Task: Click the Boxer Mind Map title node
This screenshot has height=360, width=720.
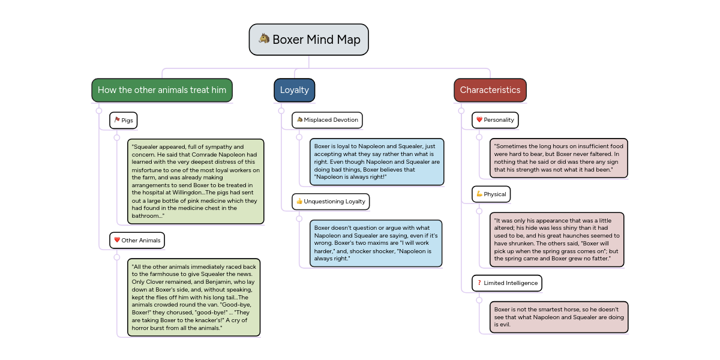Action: [x=309, y=40]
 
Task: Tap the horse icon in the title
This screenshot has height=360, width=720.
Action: [x=264, y=39]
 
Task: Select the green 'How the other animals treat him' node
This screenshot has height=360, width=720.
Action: [x=162, y=90]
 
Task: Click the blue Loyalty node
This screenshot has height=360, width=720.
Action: [x=294, y=90]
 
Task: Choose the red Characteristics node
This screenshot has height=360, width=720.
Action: [x=490, y=90]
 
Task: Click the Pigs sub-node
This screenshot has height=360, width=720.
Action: [x=124, y=120]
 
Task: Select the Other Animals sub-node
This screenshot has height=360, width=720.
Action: [x=137, y=240]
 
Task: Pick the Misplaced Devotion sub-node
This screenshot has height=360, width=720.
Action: [x=327, y=120]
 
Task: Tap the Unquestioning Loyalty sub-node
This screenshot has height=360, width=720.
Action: [x=331, y=202]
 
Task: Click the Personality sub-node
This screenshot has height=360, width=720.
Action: [x=495, y=120]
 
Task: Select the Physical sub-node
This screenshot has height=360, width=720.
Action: [x=491, y=194]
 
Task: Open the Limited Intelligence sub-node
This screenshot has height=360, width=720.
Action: [x=506, y=283]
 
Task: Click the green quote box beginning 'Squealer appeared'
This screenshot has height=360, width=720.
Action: [x=196, y=181]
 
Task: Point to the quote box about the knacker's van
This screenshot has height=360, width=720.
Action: [x=194, y=297]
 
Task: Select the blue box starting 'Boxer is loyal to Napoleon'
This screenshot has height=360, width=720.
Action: [x=377, y=162]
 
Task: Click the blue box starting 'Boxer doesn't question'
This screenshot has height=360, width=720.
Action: [x=376, y=243]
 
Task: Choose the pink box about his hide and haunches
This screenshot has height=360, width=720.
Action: [x=557, y=239]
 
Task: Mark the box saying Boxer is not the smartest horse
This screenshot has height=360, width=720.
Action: [x=559, y=317]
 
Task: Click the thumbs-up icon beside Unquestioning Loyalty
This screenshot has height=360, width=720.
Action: [x=299, y=202]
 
